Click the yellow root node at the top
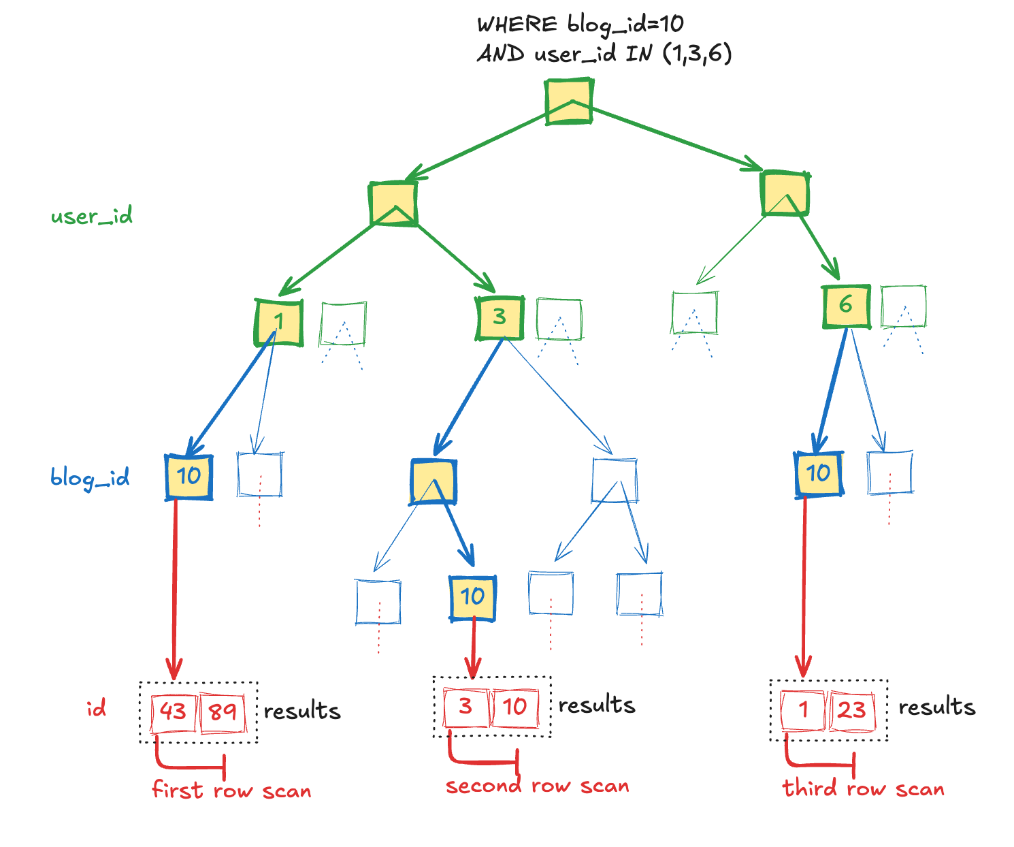tap(570, 102)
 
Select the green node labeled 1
tap(278, 322)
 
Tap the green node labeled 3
tap(500, 317)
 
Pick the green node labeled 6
tap(846, 306)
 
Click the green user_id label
tap(91, 217)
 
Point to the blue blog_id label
tap(90, 478)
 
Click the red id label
tap(96, 709)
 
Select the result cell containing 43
tap(173, 712)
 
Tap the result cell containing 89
tap(223, 712)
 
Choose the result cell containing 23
tap(851, 710)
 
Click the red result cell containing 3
tap(465, 707)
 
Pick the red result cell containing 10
tap(514, 707)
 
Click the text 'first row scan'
tap(231, 790)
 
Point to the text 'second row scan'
tap(537, 786)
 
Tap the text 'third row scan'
tap(863, 788)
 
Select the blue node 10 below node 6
tap(819, 474)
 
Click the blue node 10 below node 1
tap(189, 477)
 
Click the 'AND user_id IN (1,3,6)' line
tap(604, 54)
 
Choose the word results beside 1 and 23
tap(936, 707)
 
